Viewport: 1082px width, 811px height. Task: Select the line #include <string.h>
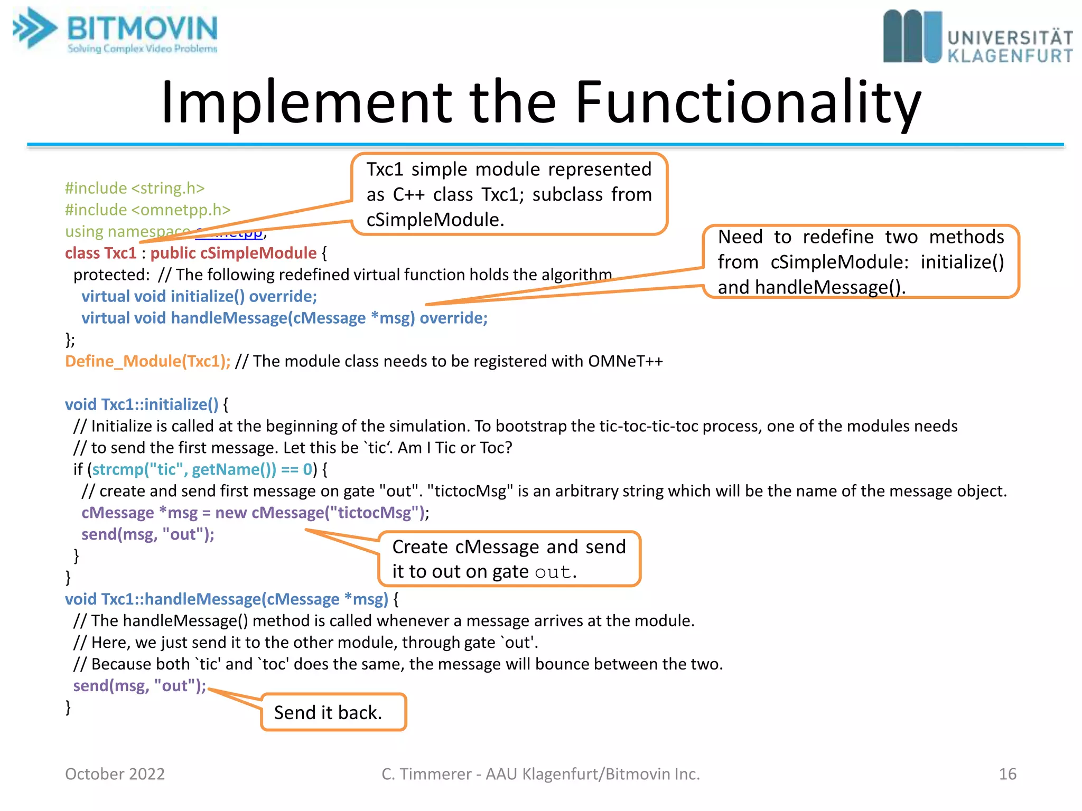pos(134,188)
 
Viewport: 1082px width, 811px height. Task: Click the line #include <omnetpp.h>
pos(147,210)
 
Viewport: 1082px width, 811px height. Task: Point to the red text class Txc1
pos(100,253)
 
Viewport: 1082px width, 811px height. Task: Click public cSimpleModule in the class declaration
pos(233,253)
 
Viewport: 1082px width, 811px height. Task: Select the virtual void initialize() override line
pos(199,297)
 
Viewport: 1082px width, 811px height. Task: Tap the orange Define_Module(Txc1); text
pos(147,362)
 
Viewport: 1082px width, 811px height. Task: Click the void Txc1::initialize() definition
pos(141,405)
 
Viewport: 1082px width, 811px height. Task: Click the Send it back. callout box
pos(333,712)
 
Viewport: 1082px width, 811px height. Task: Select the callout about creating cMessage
pos(509,559)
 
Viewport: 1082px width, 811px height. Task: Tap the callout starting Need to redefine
pos(860,262)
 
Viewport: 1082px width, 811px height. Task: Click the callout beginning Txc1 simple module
pos(509,194)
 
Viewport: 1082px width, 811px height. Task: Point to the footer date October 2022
pos(115,774)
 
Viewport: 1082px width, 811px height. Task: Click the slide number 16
pos(1007,774)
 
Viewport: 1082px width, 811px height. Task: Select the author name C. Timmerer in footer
pos(426,774)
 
